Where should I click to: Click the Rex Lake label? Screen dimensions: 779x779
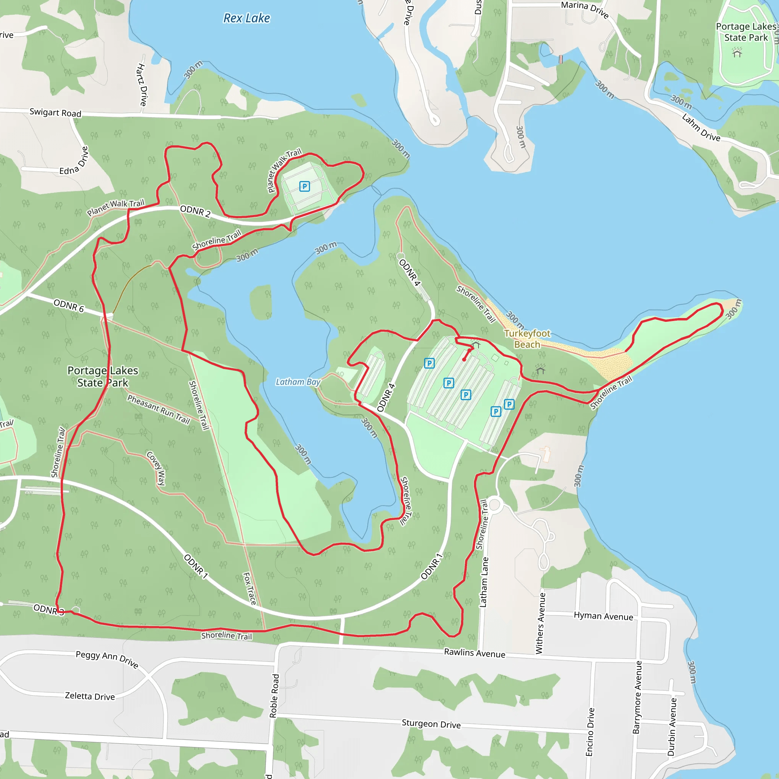[246, 18]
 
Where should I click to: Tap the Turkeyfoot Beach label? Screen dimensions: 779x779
[527, 339]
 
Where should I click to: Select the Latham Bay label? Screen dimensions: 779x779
[298, 382]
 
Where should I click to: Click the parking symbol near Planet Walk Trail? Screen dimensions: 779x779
[304, 186]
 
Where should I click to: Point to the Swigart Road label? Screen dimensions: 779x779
[55, 113]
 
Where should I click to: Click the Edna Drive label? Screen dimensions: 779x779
[74, 161]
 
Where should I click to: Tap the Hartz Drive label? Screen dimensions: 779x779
[142, 85]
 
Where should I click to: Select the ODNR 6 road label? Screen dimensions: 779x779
[68, 306]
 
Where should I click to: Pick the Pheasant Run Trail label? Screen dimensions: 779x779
[159, 409]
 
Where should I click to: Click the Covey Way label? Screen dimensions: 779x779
[156, 468]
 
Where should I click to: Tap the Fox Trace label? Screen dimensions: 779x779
[250, 588]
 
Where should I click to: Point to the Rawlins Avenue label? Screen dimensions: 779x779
[475, 653]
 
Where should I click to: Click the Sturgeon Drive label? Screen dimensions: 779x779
[431, 724]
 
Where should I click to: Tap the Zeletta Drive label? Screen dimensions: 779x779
[90, 696]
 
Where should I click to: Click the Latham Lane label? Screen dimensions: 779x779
[484, 582]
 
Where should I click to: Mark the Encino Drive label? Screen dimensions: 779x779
[590, 732]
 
